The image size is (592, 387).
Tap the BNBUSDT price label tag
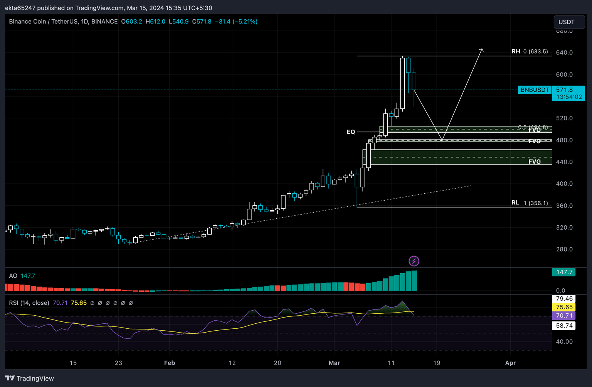coord(535,90)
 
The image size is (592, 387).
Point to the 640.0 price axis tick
coord(564,52)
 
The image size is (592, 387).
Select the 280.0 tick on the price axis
coord(564,249)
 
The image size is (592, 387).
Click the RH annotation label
coord(516,51)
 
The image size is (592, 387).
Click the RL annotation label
coord(515,203)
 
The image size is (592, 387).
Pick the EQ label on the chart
coord(351,132)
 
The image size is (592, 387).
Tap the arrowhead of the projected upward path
coord(481,50)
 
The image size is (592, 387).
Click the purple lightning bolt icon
coord(414,261)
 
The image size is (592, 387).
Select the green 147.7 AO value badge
coord(564,272)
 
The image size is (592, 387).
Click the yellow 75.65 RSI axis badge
coord(564,307)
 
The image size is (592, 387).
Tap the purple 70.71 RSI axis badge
coord(564,316)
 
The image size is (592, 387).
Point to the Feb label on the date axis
coord(170,363)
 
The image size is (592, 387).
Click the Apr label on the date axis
coord(510,363)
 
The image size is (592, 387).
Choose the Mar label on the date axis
coord(334,363)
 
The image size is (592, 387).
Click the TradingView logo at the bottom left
coord(30,378)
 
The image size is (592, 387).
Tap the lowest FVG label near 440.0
coord(535,162)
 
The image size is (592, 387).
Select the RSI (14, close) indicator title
coord(29,303)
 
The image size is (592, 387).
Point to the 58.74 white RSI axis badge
coord(564,326)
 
